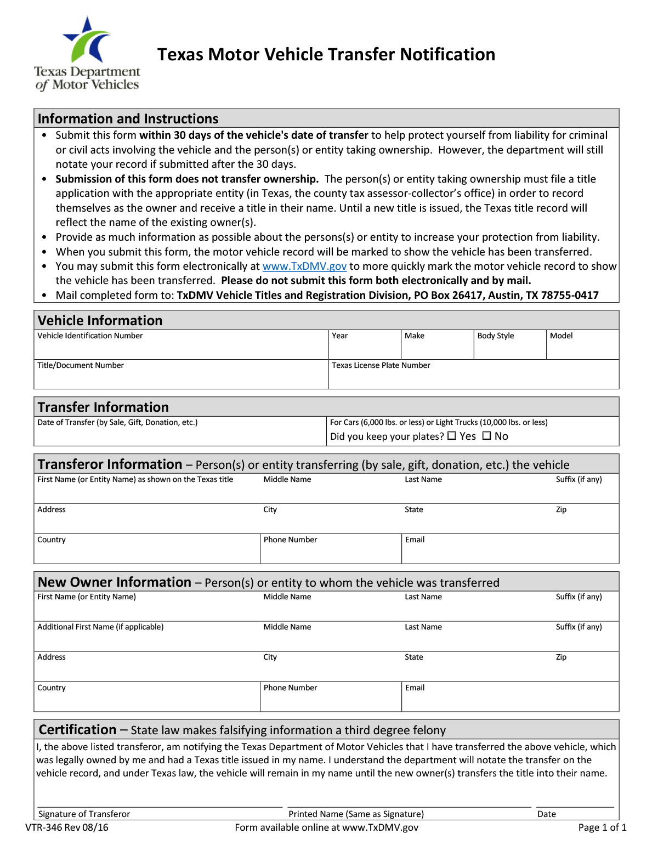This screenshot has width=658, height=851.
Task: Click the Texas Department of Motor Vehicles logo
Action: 87,54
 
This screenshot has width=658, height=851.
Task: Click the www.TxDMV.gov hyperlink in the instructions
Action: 304,266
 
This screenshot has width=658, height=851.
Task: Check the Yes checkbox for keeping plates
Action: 452,436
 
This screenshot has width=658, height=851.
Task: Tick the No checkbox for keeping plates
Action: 487,436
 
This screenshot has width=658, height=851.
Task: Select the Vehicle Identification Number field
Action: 181,345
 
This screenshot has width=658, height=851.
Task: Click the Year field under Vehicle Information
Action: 365,345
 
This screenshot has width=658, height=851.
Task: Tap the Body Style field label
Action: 496,336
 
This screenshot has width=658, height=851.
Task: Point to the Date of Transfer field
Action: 180,432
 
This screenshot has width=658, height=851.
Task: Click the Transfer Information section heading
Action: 103,407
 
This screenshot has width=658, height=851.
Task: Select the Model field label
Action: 561,336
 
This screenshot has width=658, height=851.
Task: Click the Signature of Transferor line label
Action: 84,814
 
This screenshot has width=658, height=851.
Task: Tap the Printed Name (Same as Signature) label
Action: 356,814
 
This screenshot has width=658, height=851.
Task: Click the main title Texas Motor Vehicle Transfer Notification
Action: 326,55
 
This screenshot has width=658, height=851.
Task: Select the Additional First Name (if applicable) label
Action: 100,627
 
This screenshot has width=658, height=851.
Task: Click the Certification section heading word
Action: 77,730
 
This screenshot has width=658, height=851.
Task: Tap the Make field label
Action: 415,336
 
